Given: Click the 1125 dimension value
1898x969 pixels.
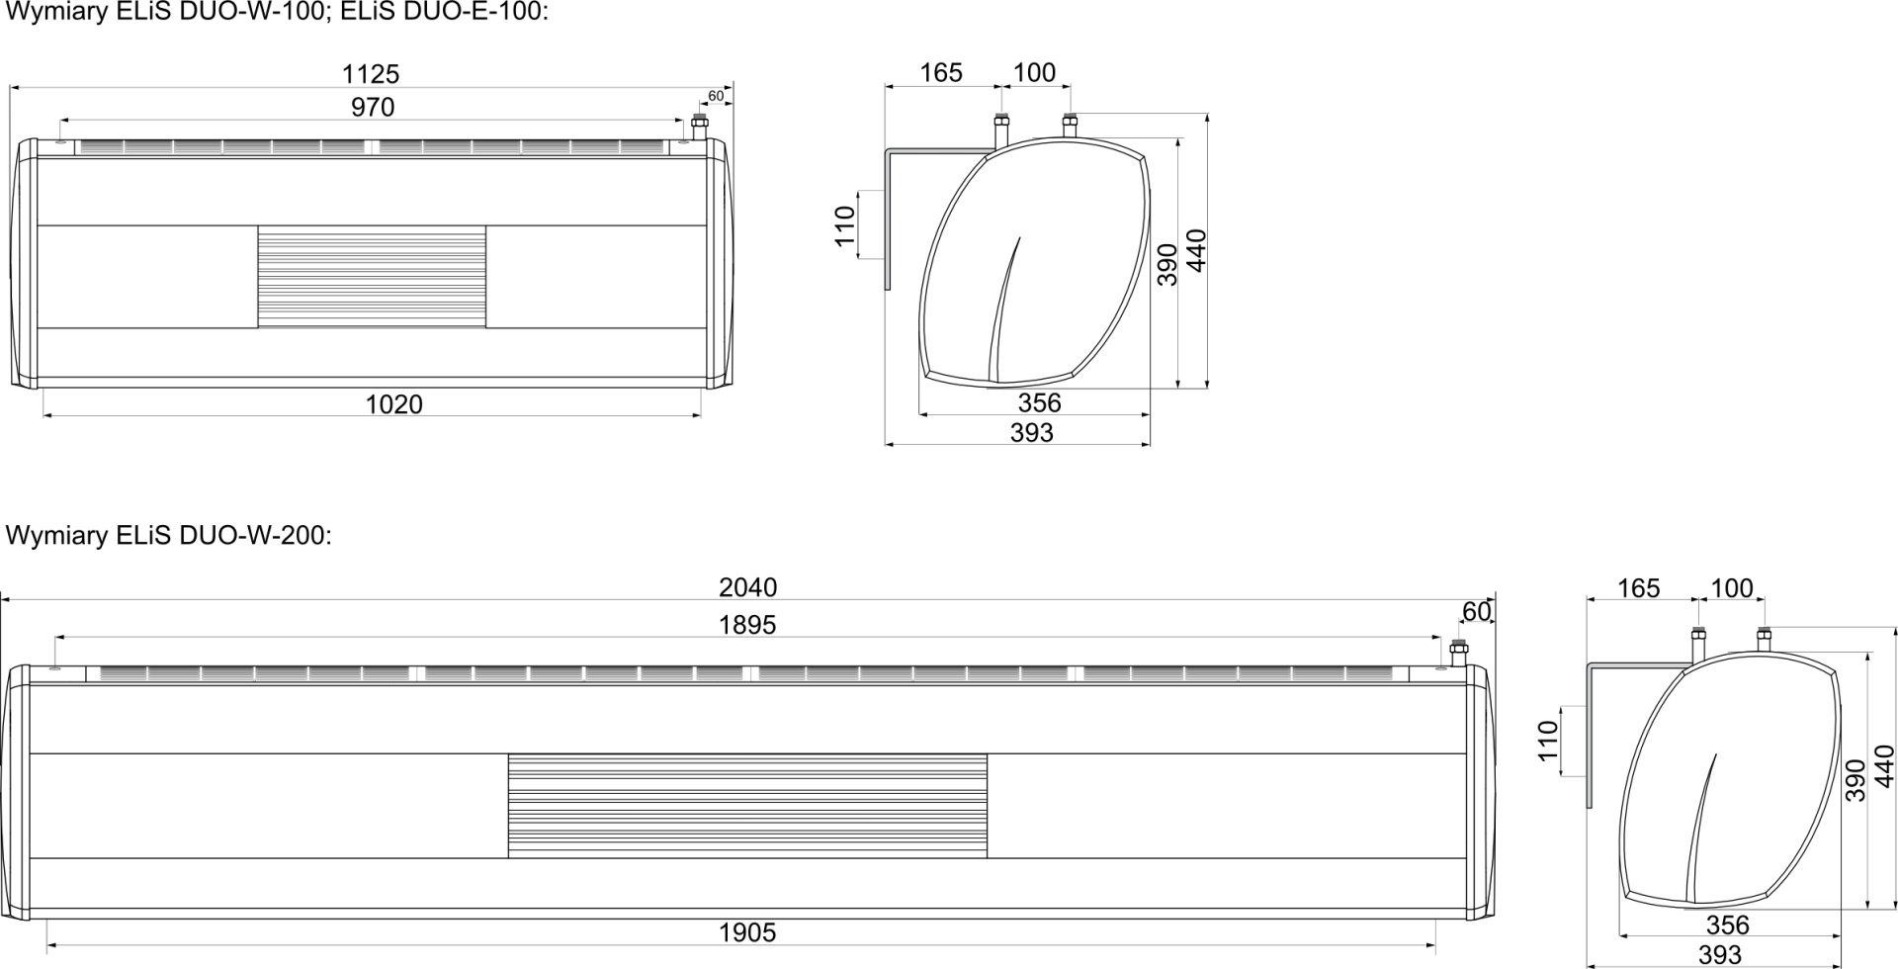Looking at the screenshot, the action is pos(371,74).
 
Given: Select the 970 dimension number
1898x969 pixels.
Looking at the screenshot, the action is pos(373,108).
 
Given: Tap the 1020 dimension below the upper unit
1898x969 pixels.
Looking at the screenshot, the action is pos(393,404).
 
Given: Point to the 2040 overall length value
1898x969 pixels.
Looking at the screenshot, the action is pos(748,587).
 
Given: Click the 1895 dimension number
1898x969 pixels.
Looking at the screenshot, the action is pos(748,625).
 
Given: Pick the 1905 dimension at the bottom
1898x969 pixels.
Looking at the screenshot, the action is pos(748,932).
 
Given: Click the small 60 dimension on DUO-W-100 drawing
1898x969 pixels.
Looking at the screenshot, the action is pos(716,97).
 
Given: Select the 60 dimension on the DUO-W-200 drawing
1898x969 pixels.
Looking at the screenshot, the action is pos(1476,612).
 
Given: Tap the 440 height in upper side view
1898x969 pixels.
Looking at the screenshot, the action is pos(1197,251).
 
